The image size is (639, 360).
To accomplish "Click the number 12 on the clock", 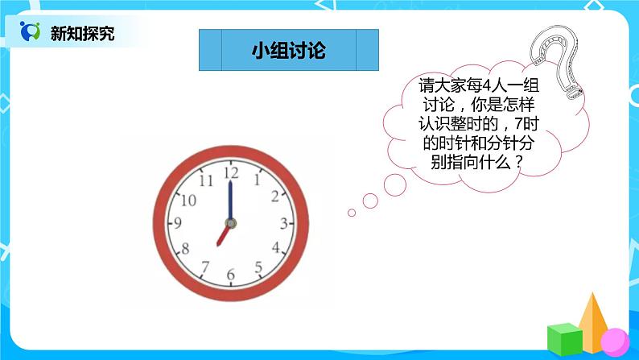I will coord(231,172).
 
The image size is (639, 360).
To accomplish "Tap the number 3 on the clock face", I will coord(284,223).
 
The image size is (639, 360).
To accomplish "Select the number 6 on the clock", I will coord(231,275).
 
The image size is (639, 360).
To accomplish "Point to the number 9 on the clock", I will coord(177,223).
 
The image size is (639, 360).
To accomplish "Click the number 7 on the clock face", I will coord(204,267).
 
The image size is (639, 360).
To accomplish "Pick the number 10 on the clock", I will coord(188,200).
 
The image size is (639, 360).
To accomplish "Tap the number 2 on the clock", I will coord(275,196).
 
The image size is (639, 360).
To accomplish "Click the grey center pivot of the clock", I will coord(230,223).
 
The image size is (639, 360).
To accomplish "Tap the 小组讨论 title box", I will coord(288,51).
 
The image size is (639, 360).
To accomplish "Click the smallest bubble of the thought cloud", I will coord(352,213).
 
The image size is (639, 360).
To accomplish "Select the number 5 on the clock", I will coord(258,267).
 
